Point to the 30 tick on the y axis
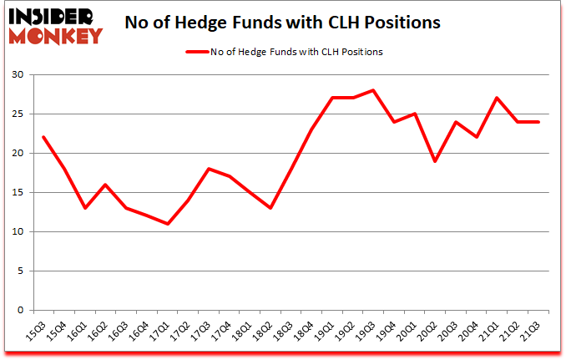(17, 75)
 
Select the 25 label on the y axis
(17, 114)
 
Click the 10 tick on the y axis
(17, 231)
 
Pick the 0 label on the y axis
(20, 310)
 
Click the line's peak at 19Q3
(374, 90)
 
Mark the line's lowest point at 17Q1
(169, 224)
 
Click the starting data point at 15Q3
(43, 137)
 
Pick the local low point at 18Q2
(270, 208)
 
